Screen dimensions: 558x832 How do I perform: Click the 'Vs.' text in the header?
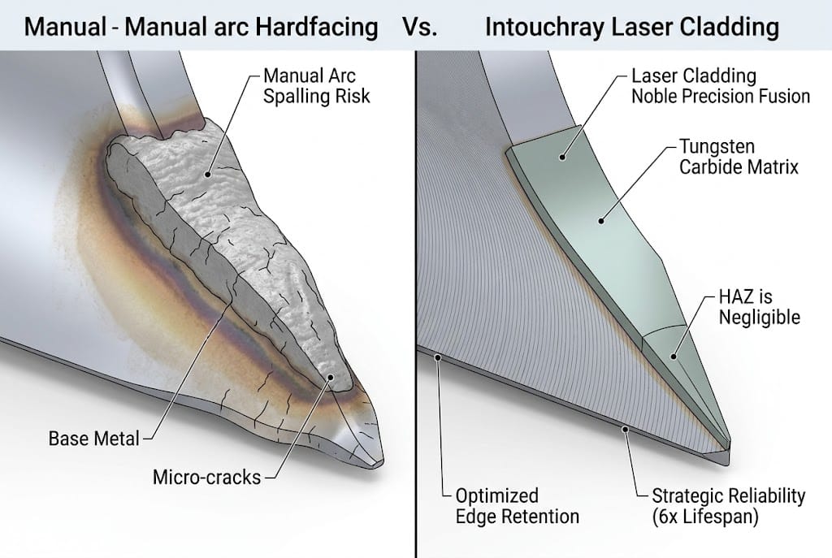419,27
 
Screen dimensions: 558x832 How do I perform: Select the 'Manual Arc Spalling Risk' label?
317,86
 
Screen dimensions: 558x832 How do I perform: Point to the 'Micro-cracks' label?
206,477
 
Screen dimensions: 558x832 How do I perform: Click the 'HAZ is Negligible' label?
759,306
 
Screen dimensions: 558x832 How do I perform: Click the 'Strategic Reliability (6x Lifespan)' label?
728,505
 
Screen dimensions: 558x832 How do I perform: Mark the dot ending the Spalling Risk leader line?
209,173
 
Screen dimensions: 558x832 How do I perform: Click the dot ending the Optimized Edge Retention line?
438,355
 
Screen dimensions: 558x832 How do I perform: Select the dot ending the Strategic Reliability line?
624,428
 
